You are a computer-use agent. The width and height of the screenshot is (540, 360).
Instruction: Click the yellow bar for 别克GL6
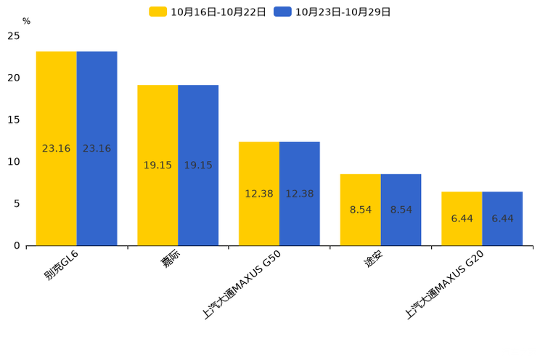(x=56, y=149)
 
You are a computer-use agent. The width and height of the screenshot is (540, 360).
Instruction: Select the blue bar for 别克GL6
(x=97, y=149)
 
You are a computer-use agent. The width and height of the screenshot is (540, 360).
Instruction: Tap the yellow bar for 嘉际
(x=157, y=165)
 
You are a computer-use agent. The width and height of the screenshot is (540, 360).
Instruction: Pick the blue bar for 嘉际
(x=198, y=165)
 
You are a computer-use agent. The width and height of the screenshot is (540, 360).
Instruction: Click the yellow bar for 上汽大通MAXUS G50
(x=259, y=194)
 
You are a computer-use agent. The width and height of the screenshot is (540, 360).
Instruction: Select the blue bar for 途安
(x=401, y=210)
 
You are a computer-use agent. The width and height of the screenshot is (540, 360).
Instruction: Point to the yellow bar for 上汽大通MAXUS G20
(x=462, y=218)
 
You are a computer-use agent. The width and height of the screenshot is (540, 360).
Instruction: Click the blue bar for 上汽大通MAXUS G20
(x=502, y=218)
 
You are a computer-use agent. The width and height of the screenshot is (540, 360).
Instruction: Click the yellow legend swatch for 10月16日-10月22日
(x=157, y=12)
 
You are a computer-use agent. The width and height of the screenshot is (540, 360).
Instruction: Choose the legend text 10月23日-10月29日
(x=343, y=12)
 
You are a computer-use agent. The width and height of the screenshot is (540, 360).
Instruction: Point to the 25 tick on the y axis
(x=14, y=36)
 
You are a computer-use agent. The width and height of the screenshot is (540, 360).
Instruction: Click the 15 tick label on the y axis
(x=14, y=120)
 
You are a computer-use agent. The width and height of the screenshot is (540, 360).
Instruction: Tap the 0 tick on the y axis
(x=17, y=245)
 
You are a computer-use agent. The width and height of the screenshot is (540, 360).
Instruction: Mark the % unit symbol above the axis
(x=26, y=21)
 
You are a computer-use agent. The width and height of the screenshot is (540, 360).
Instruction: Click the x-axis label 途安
(x=373, y=258)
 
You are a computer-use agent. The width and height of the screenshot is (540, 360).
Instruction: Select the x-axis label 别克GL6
(x=61, y=265)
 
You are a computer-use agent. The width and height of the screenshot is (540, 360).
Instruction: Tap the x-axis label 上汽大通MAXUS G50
(x=242, y=285)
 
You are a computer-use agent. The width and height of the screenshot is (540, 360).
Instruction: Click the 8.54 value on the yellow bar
(x=361, y=210)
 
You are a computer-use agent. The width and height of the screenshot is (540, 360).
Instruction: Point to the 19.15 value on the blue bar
(x=198, y=165)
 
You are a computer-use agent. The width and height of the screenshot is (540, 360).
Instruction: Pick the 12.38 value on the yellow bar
(x=259, y=194)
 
